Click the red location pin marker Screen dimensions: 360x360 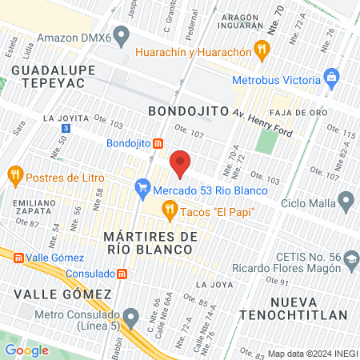point(181,162)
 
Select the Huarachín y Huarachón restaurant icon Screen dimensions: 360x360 point(260,50)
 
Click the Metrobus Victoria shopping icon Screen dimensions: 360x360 point(330,78)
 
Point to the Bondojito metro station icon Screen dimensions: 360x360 point(158,144)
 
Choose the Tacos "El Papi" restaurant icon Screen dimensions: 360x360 point(169,210)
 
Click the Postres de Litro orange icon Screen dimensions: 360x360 point(14,174)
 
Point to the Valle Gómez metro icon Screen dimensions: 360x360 point(15,257)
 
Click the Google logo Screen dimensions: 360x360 point(26,350)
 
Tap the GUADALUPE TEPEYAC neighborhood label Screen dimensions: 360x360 point(54,77)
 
